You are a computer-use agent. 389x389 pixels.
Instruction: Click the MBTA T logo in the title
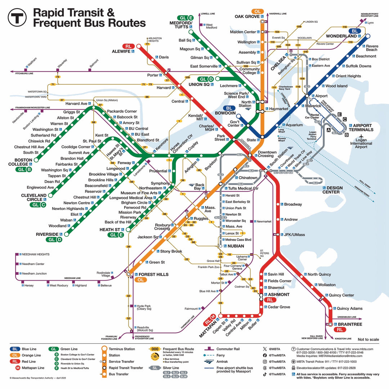[x=18, y=17]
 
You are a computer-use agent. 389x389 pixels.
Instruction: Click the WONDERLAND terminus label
[x=341, y=36]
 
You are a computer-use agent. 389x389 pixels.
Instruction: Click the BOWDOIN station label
[x=225, y=113]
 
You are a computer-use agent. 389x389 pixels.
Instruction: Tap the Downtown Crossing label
[x=267, y=154]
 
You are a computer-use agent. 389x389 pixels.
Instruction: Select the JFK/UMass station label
[x=294, y=235]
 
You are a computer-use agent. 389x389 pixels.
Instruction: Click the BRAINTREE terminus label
[x=349, y=324]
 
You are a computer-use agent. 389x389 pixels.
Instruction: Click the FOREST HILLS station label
[x=153, y=274]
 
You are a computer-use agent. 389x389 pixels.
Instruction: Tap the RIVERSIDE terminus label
[x=47, y=234]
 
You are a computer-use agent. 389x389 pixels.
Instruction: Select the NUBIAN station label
[x=236, y=246]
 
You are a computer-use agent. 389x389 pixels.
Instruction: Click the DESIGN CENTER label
[x=333, y=190]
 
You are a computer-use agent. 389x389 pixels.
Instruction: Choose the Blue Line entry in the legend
[x=29, y=349]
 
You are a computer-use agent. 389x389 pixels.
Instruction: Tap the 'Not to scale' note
[x=368, y=339]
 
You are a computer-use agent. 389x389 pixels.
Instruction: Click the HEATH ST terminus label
[x=110, y=229]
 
